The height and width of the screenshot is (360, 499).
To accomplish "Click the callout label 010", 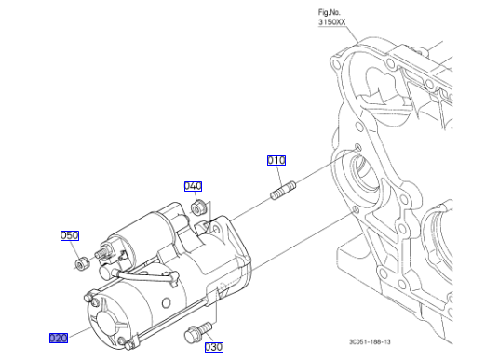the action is click(276, 160).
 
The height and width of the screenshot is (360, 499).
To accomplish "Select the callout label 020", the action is click(59, 338).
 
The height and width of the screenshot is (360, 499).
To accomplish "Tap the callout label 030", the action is click(214, 347).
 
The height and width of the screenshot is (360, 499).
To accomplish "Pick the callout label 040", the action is click(193, 186).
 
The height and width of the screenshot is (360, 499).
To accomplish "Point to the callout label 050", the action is click(70, 235).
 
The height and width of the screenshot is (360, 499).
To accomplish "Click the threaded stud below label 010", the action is click(283, 190).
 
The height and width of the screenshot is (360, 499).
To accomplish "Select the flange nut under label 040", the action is click(199, 207).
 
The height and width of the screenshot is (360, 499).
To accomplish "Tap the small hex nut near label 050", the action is click(83, 263).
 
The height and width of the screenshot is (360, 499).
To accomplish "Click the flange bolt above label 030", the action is click(197, 332).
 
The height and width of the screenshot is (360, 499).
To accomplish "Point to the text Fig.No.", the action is click(329, 12).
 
